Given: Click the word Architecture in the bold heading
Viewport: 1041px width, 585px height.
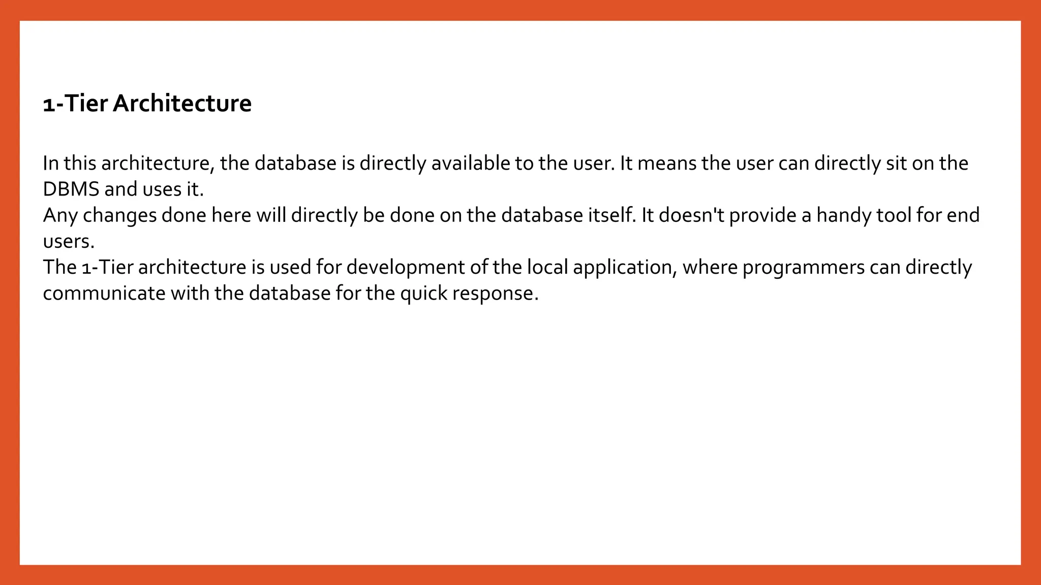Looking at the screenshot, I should (182, 104).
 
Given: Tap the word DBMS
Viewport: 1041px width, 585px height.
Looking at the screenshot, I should (71, 189).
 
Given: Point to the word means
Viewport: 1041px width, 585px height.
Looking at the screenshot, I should (667, 164).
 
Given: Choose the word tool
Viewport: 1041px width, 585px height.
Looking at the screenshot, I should (894, 216).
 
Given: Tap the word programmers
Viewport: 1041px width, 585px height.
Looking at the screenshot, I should (803, 268).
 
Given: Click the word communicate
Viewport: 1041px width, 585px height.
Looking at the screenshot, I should (104, 294).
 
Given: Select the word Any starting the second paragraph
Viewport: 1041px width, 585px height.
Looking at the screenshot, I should (60, 216).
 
